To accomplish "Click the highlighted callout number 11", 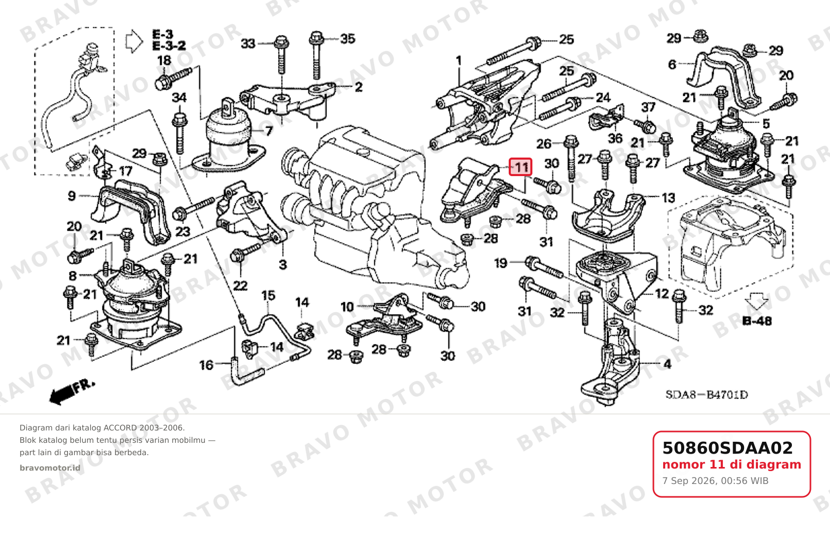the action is pyautogui.click(x=521, y=167).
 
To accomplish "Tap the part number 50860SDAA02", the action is pyautogui.click(x=728, y=448).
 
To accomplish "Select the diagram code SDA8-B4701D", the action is pyautogui.click(x=706, y=395).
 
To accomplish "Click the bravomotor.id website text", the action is pyautogui.click(x=50, y=468).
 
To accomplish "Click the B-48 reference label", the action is pyautogui.click(x=757, y=321).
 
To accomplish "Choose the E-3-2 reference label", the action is pyautogui.click(x=169, y=46).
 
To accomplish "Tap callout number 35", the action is pyautogui.click(x=348, y=39).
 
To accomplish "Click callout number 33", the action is pyautogui.click(x=248, y=44).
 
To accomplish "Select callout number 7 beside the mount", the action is pyautogui.click(x=269, y=131).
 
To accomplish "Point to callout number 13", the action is pyautogui.click(x=668, y=198).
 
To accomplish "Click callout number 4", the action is pyautogui.click(x=667, y=365).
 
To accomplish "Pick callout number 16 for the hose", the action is pyautogui.click(x=206, y=366).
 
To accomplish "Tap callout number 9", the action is pyautogui.click(x=72, y=196).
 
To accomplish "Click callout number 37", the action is pyautogui.click(x=648, y=108).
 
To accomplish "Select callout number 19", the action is pyautogui.click(x=500, y=264).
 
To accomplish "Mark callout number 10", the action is pyautogui.click(x=347, y=307).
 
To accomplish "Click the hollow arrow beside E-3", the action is pyautogui.click(x=134, y=42).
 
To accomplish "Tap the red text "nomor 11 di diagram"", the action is pyautogui.click(x=732, y=464).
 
